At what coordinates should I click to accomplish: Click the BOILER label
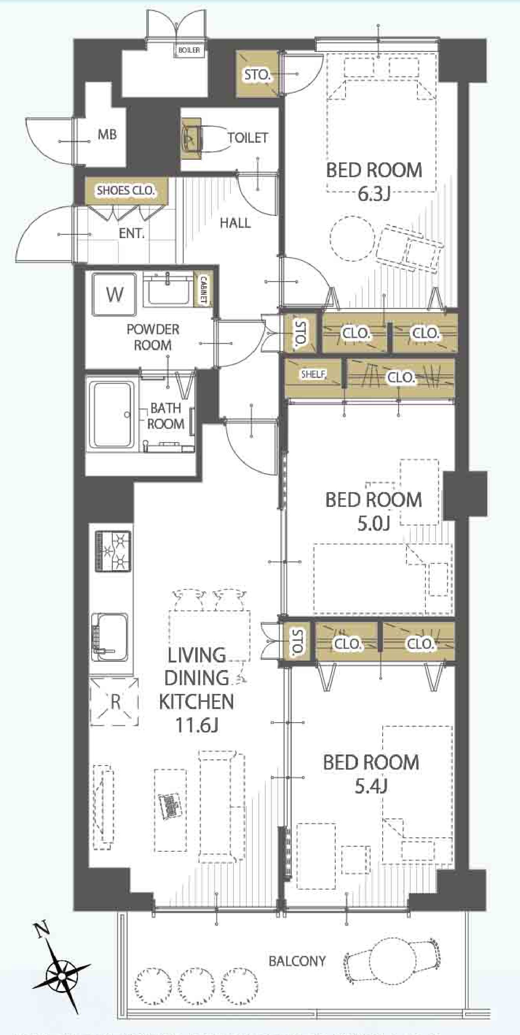189,50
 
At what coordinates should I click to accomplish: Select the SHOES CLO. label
126,190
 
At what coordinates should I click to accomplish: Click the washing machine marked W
114,295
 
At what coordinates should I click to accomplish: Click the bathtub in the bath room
112,415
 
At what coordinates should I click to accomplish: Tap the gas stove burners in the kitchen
113,551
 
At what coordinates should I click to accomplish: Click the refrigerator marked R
114,702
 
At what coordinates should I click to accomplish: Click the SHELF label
313,374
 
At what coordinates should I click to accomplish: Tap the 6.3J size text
374,194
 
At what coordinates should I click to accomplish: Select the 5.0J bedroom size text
374,524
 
